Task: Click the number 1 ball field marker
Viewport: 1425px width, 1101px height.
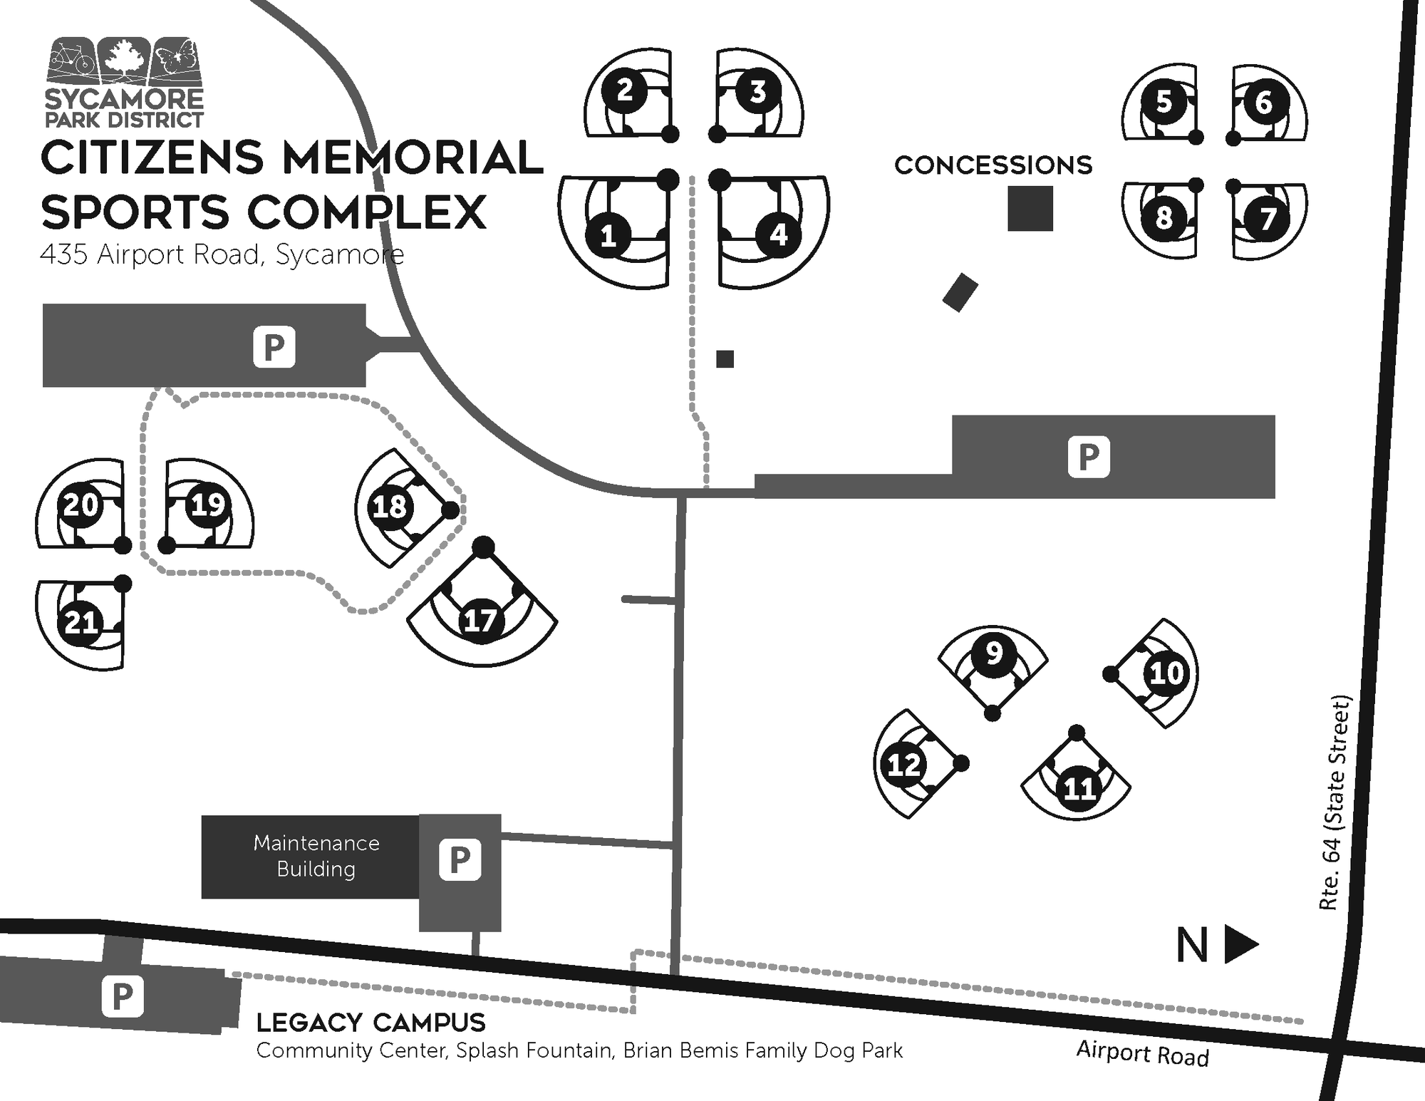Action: click(608, 235)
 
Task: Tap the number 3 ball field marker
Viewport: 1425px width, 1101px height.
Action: click(757, 91)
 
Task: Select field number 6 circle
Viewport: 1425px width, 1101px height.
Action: click(1263, 102)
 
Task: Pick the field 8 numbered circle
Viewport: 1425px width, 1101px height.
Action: click(1164, 217)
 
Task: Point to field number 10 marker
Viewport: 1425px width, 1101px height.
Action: click(1166, 673)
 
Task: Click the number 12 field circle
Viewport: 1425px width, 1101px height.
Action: click(904, 765)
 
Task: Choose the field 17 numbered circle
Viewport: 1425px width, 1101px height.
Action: click(480, 620)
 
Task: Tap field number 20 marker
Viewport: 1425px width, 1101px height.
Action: click(81, 505)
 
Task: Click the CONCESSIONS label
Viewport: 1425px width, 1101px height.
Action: click(993, 165)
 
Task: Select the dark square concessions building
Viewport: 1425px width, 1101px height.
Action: click(1030, 209)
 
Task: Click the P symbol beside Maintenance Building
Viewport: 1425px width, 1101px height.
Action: click(460, 859)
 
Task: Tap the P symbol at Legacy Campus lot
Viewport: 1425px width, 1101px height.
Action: click(123, 996)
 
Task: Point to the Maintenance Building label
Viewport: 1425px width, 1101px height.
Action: click(316, 856)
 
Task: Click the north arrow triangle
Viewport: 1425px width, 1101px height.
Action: click(1240, 945)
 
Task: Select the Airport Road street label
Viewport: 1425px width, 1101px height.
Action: click(1143, 1053)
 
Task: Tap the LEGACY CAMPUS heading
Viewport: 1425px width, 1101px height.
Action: click(370, 1023)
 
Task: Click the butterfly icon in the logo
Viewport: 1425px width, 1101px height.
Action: click(176, 59)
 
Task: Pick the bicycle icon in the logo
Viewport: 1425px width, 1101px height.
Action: click(72, 58)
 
